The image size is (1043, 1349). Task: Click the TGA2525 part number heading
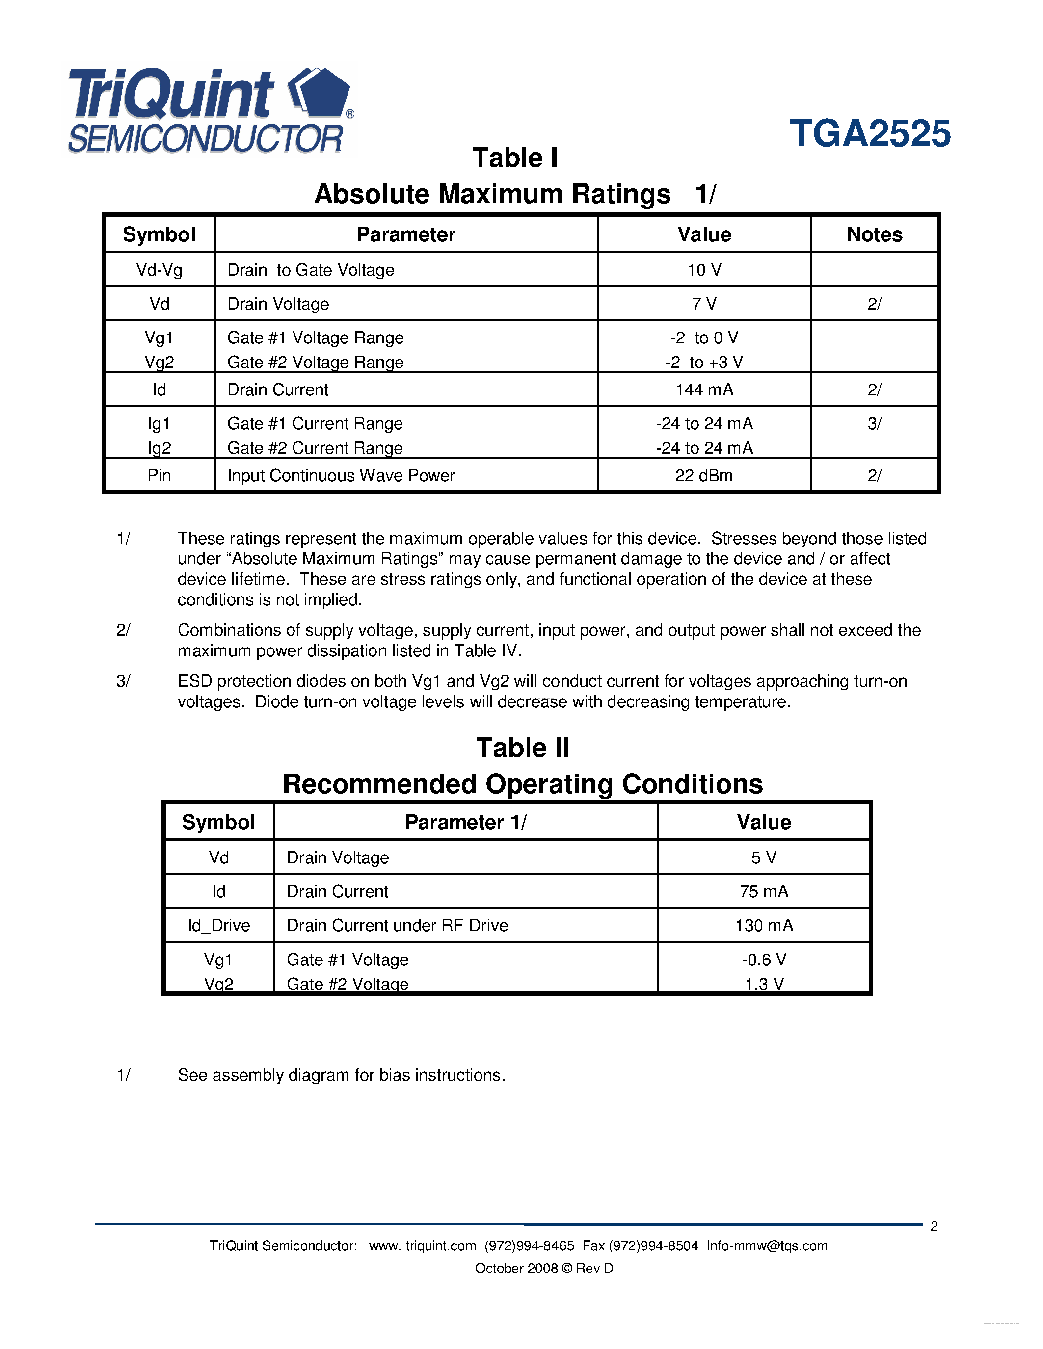click(870, 133)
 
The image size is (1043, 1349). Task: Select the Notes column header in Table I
click(874, 234)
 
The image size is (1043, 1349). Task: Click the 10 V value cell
click(704, 270)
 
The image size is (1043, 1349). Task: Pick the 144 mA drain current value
click(704, 390)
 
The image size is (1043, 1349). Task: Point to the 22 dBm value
click(704, 476)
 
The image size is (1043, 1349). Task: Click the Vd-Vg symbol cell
click(160, 270)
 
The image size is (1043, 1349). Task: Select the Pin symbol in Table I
click(160, 476)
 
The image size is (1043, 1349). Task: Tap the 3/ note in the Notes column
click(874, 424)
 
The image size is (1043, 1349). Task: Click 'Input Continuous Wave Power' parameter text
click(341, 476)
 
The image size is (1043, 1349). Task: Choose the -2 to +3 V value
click(704, 363)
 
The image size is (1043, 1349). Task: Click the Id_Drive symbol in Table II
click(219, 925)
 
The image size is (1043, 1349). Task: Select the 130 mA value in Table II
click(764, 925)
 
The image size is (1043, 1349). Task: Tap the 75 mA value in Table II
click(764, 891)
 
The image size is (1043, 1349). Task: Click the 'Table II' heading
click(523, 748)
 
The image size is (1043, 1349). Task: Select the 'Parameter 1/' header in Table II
click(465, 822)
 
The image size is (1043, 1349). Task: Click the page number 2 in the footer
click(934, 1226)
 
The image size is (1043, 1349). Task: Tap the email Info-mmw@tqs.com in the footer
click(767, 1246)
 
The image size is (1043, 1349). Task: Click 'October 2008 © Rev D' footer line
click(544, 1268)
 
